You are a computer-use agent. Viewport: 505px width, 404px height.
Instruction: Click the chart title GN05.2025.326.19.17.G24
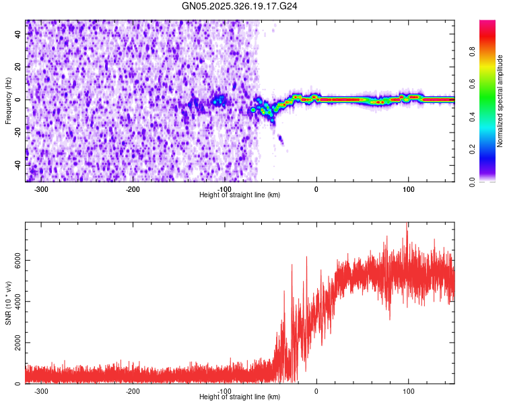click(x=240, y=6)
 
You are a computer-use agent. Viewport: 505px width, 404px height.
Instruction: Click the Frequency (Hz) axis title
click(x=8, y=100)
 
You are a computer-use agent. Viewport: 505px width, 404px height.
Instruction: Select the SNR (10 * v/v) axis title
click(x=8, y=302)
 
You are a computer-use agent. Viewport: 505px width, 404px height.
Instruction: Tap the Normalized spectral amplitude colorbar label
click(x=500, y=101)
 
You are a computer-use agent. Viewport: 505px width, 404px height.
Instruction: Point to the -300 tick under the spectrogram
click(x=41, y=189)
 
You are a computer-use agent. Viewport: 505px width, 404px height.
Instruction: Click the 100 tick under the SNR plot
click(x=408, y=391)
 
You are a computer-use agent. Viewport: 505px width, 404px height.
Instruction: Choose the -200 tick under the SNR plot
click(x=133, y=391)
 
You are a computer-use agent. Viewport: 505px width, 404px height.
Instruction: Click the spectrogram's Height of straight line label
click(x=240, y=195)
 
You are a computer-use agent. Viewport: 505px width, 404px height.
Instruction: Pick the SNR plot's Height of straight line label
click(x=240, y=397)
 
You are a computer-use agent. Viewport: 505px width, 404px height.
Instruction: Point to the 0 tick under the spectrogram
click(x=316, y=189)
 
